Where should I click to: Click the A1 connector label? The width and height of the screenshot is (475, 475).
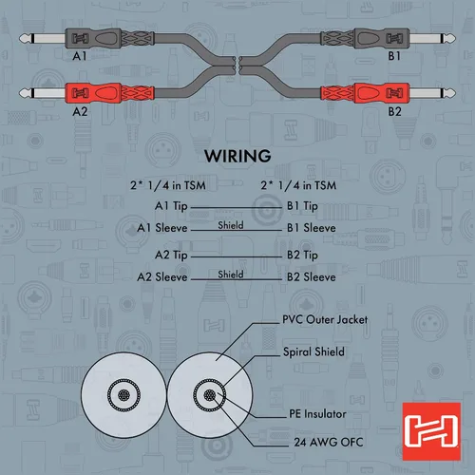(x=80, y=56)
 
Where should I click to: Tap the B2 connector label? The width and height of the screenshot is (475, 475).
(x=394, y=111)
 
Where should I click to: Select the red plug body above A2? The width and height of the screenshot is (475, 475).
(x=109, y=93)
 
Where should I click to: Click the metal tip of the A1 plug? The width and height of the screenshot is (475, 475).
(x=26, y=39)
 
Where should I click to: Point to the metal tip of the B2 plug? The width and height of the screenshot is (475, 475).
(x=449, y=93)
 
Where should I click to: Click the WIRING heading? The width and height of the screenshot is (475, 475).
(x=237, y=156)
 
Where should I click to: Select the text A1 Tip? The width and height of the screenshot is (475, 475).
(x=171, y=206)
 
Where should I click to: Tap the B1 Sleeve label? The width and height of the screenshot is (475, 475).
(x=312, y=228)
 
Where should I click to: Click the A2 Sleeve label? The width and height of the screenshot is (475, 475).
(x=162, y=277)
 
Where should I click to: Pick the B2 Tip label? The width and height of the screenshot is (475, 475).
(x=302, y=256)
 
